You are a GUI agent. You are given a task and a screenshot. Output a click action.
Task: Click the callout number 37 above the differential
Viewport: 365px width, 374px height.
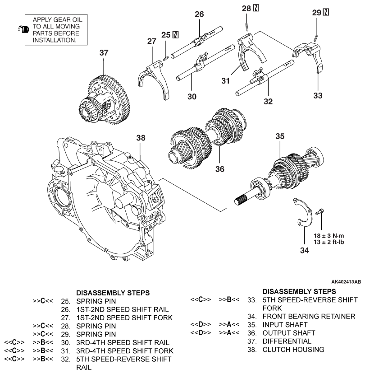pos(104,53)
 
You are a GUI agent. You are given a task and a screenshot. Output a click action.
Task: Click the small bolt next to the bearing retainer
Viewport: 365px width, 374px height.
pos(320,211)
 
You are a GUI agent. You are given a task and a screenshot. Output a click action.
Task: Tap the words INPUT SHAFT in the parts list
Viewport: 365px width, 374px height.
pos(282,324)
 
